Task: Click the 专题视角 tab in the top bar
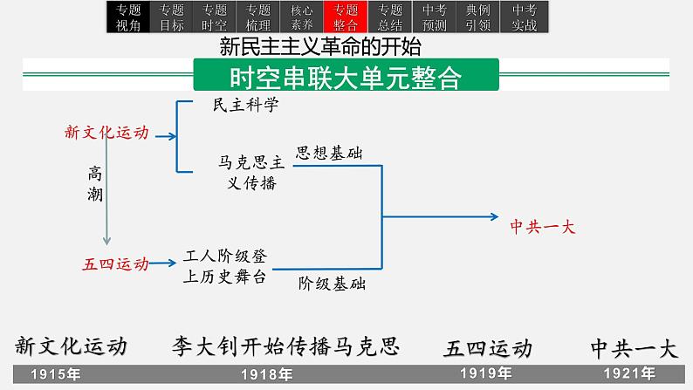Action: point(127,17)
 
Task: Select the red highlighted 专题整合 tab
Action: point(340,17)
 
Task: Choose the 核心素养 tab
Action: point(298,17)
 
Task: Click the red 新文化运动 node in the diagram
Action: point(106,133)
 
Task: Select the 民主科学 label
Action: point(247,105)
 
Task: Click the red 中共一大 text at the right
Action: point(543,225)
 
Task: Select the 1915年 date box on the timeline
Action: point(57,374)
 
